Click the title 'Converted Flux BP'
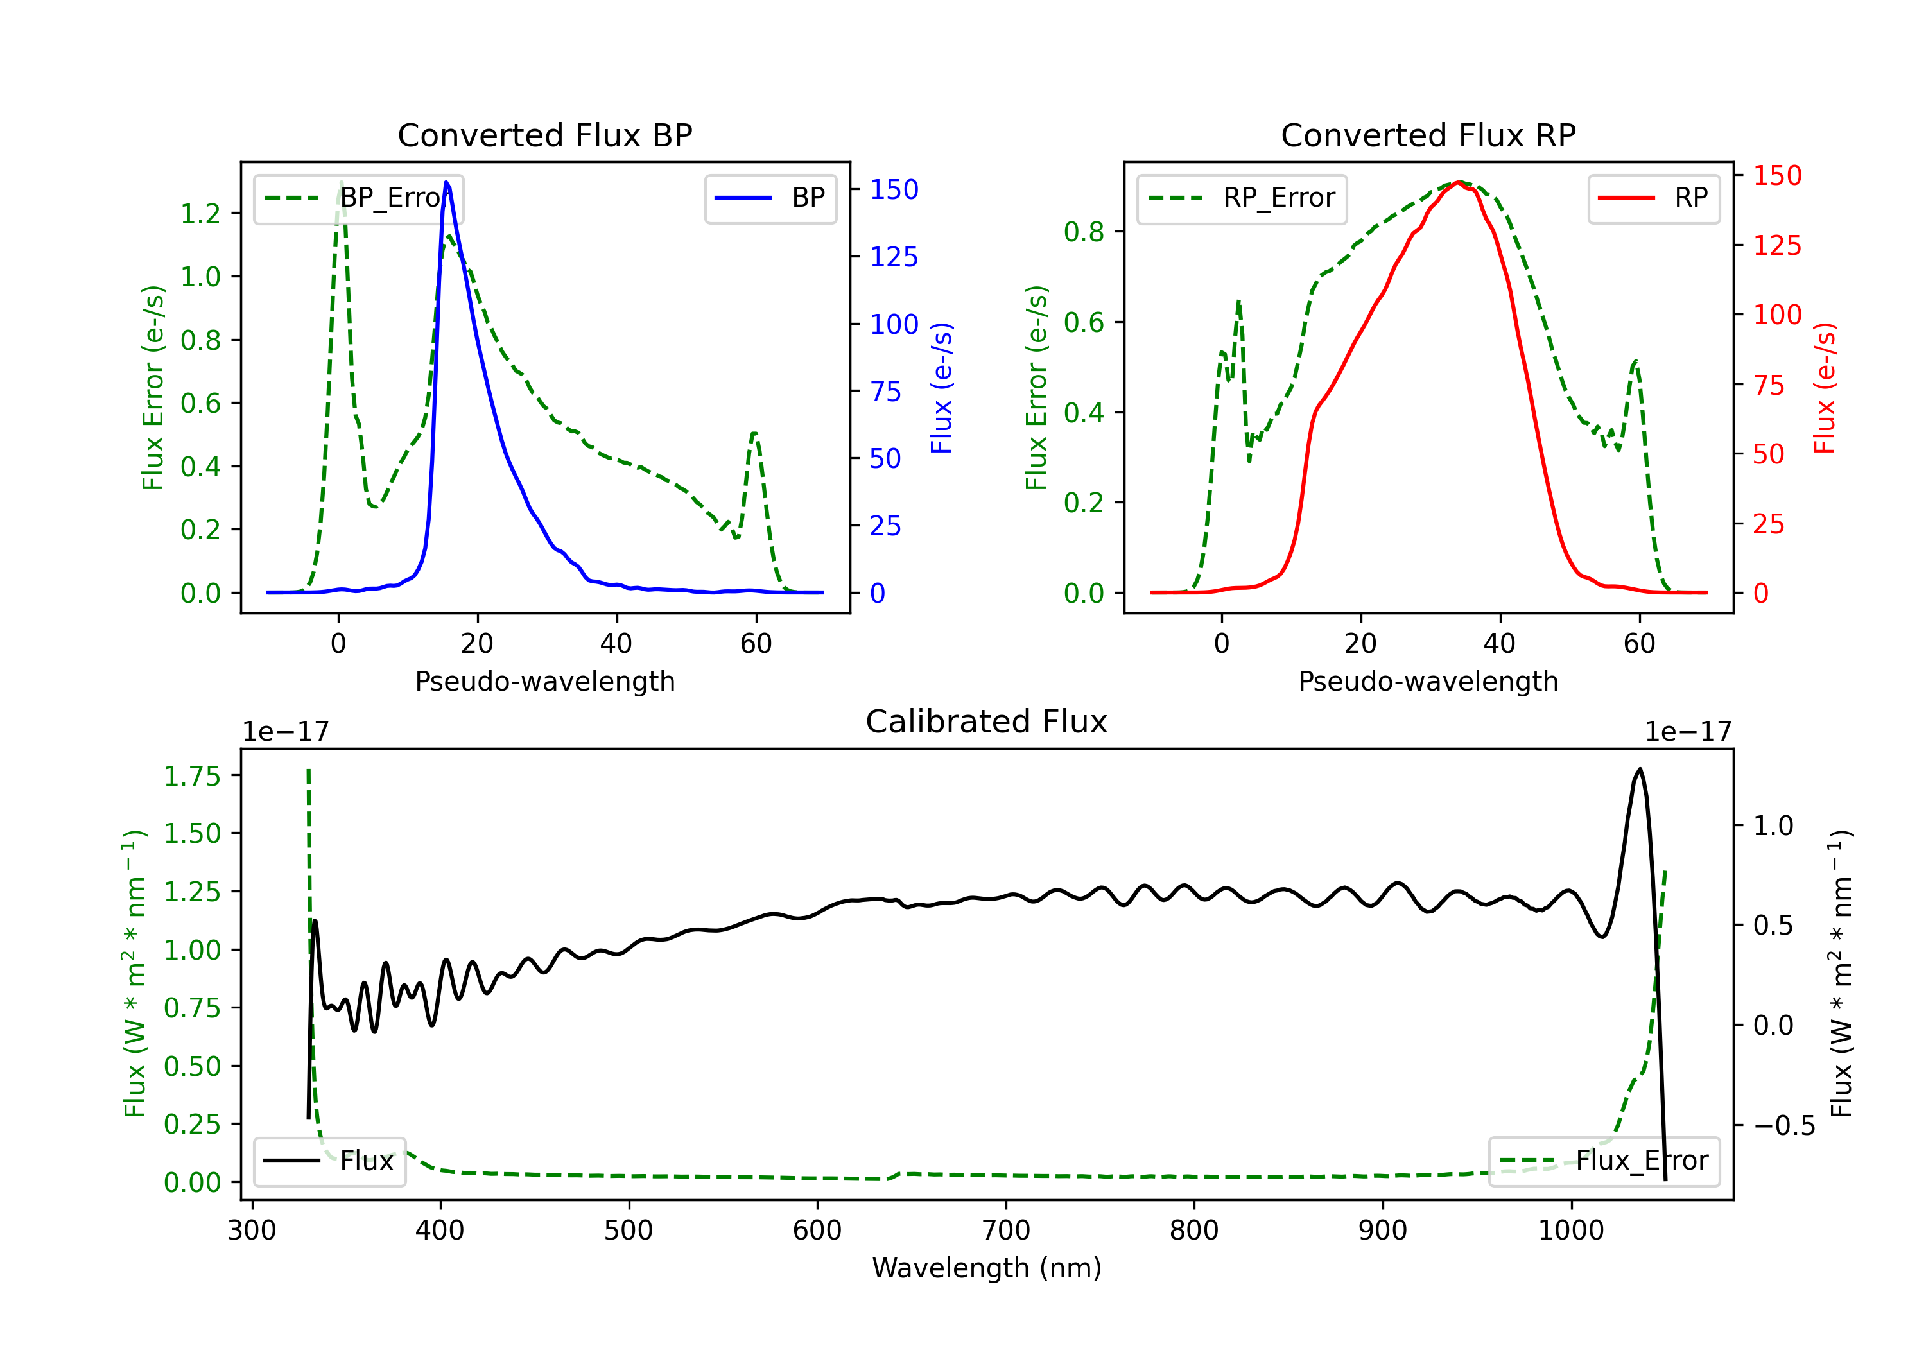click(x=544, y=135)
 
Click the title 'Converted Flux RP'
click(x=1428, y=135)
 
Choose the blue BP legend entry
click(x=770, y=198)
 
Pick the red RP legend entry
click(x=1653, y=198)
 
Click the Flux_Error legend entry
click(x=1604, y=1161)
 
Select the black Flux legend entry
click(x=328, y=1161)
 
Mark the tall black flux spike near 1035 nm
click(x=1639, y=768)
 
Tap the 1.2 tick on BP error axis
click(x=200, y=214)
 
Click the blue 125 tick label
click(x=894, y=257)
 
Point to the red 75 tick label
click(x=1768, y=385)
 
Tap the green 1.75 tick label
click(x=192, y=776)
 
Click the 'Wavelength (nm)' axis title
click(x=987, y=1268)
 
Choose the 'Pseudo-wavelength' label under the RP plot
click(x=1428, y=680)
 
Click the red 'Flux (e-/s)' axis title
click(x=1825, y=388)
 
